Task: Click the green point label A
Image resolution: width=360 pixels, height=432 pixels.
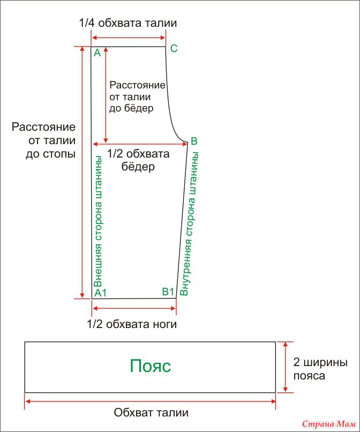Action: (x=97, y=53)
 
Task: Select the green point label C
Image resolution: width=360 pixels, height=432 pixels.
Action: (x=174, y=48)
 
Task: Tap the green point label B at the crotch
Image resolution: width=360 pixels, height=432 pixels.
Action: (x=194, y=141)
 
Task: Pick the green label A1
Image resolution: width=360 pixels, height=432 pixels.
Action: (x=100, y=293)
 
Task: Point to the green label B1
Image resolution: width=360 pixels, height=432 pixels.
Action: (x=168, y=292)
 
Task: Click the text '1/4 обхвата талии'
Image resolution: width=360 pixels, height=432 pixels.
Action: (x=128, y=23)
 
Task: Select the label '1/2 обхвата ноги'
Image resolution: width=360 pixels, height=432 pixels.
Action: (x=132, y=324)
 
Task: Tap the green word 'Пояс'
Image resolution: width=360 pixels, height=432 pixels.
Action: (x=151, y=366)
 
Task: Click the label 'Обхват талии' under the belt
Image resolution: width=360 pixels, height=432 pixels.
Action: (x=151, y=413)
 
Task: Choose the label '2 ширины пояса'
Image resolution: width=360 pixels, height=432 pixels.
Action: (x=320, y=369)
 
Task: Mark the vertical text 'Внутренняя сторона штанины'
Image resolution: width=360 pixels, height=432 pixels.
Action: (x=190, y=224)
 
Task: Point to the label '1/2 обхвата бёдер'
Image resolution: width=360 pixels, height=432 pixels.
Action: (x=138, y=160)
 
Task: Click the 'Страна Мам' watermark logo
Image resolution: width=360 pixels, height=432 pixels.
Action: (x=329, y=424)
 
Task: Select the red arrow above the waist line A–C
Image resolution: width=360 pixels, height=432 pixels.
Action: (x=129, y=38)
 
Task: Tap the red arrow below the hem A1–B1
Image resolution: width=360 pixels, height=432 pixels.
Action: (x=134, y=308)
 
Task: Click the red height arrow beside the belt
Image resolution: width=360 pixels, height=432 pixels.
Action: (x=286, y=367)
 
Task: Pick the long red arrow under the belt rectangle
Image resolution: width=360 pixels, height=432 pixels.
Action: (x=151, y=401)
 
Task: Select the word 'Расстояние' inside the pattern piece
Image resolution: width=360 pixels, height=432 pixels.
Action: (x=138, y=85)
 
